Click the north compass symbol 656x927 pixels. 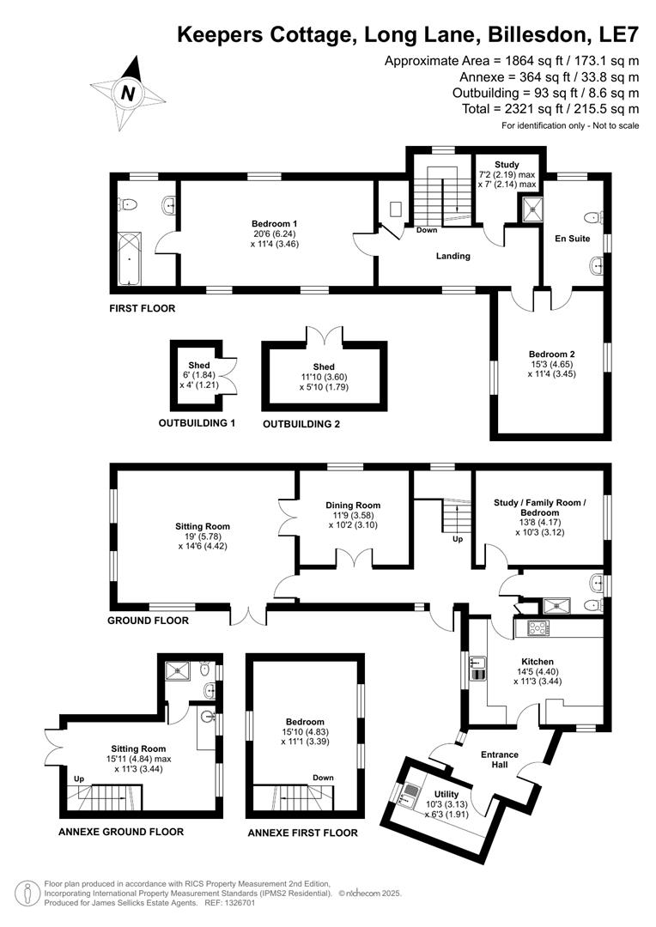(x=128, y=93)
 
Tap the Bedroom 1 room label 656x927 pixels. (x=276, y=223)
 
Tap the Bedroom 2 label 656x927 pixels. (x=551, y=354)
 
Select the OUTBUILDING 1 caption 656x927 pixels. (x=197, y=423)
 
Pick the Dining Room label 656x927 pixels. (x=354, y=506)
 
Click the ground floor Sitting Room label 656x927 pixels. (x=203, y=527)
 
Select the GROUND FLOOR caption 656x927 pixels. (x=148, y=620)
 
